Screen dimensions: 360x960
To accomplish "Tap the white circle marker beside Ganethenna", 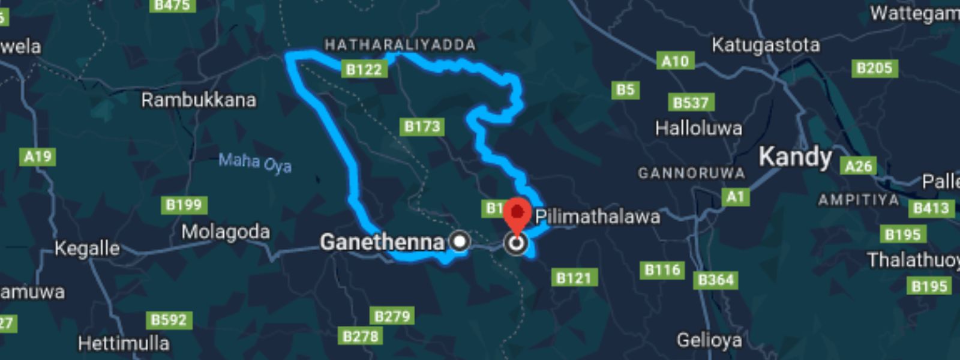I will pyautogui.click(x=460, y=241).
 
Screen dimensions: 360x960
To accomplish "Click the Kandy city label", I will pyautogui.click(x=795, y=157).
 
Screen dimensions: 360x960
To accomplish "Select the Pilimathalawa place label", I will pyautogui.click(x=597, y=217).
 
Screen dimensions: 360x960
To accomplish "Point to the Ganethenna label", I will pyautogui.click(x=382, y=242).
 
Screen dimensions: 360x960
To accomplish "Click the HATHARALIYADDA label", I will pyautogui.click(x=400, y=44).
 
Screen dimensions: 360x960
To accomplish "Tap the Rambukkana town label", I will pyautogui.click(x=199, y=100).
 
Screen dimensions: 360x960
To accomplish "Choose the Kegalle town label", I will pyautogui.click(x=87, y=248).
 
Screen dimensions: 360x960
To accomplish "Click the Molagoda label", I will pyautogui.click(x=226, y=232).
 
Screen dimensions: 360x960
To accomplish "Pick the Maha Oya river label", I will pyautogui.click(x=255, y=163).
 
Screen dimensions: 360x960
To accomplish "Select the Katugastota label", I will pyautogui.click(x=766, y=45).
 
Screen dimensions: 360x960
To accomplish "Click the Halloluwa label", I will pyautogui.click(x=698, y=128).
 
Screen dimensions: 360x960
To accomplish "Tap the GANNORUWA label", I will pyautogui.click(x=691, y=173).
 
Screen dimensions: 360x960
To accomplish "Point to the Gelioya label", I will pyautogui.click(x=709, y=340).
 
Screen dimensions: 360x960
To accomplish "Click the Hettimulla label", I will pyautogui.click(x=124, y=343).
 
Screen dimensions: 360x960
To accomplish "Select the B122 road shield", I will pyautogui.click(x=364, y=70).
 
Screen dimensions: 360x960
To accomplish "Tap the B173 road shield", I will pyautogui.click(x=422, y=126).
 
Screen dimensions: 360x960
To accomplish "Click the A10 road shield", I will pyautogui.click(x=675, y=61).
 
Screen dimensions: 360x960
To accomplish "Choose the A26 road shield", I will pyautogui.click(x=858, y=166).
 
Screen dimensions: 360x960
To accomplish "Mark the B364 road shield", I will pyautogui.click(x=716, y=280).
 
